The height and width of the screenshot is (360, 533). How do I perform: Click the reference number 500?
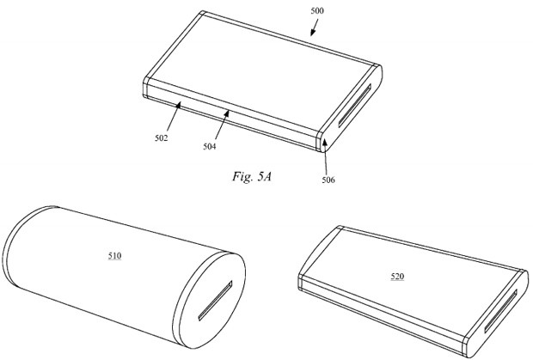(317, 11)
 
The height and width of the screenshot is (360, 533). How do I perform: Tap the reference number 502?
(162, 138)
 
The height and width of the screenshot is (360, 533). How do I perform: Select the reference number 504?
(210, 146)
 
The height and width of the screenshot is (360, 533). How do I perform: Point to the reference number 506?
(328, 180)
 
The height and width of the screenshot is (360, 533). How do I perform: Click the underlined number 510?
(115, 255)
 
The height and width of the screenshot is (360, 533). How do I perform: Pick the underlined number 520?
(397, 277)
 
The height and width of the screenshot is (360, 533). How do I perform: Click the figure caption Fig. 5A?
(252, 176)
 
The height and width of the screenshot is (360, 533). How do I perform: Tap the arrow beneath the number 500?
(315, 27)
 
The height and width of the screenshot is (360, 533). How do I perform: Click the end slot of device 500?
(354, 107)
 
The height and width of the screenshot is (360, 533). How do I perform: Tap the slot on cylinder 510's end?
(216, 301)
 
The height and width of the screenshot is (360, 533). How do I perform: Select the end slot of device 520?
(500, 311)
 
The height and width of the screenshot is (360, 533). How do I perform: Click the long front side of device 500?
(230, 114)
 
